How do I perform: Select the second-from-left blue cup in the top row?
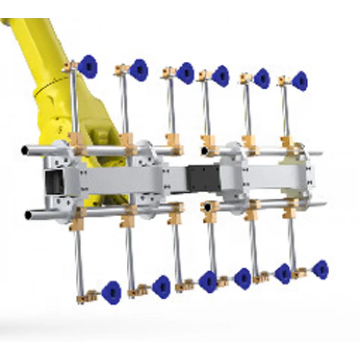[x=138, y=70]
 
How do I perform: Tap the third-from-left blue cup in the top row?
[x=185, y=73]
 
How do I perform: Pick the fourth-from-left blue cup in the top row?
[x=220, y=76]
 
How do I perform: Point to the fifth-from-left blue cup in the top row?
[x=262, y=78]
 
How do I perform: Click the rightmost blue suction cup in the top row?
[x=300, y=81]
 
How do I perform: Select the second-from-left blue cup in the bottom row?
[x=161, y=287]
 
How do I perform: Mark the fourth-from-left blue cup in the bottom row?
[x=243, y=278]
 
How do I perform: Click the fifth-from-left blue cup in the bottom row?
[x=283, y=273]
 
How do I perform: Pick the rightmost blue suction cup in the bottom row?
[x=320, y=269]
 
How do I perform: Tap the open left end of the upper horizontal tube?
[x=25, y=151]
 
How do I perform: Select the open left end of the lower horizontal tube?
[x=28, y=215]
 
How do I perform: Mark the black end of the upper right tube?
[x=205, y=152]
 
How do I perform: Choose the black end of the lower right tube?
[x=207, y=207]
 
